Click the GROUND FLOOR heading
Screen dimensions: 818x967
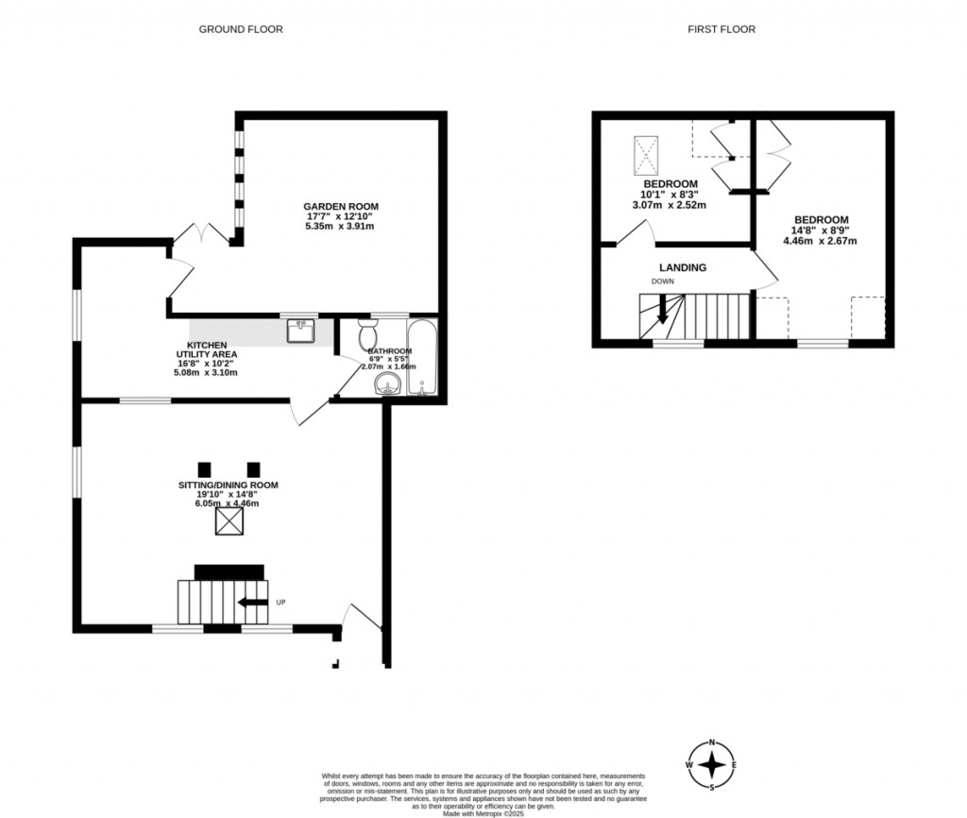[240, 29]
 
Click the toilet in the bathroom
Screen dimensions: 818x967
[367, 335]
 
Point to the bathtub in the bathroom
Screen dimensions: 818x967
[420, 357]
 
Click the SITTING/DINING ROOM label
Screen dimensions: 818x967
[229, 485]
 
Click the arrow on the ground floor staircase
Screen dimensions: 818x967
[251, 603]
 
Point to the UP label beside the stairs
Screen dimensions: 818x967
[280, 603]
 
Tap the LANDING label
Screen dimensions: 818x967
[683, 267]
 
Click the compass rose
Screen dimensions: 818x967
[714, 763]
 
